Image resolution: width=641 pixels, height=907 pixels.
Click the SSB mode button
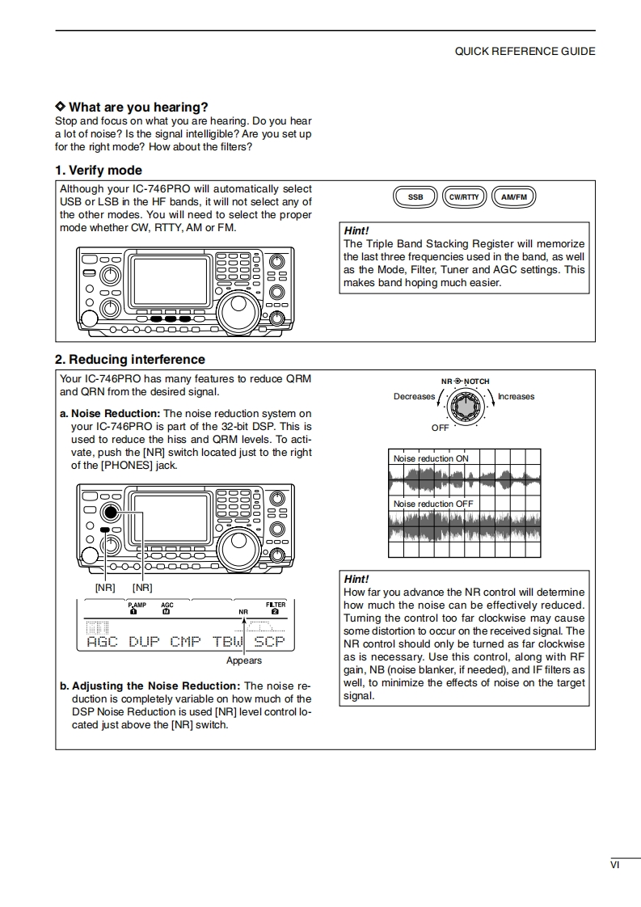point(415,196)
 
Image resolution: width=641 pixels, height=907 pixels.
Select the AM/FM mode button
point(512,196)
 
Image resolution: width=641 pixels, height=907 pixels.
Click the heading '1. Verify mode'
point(99,171)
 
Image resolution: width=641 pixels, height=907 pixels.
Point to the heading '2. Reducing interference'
point(130,360)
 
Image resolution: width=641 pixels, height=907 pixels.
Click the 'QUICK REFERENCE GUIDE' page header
point(525,51)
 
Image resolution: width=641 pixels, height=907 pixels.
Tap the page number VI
point(615,865)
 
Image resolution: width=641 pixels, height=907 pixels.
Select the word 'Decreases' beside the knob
point(414,396)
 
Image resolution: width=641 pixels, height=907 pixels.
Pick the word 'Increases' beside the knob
point(516,396)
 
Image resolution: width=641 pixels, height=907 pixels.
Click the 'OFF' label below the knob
point(440,427)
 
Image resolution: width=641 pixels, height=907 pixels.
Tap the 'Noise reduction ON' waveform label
point(430,458)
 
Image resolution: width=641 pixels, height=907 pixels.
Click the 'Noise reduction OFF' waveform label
point(432,504)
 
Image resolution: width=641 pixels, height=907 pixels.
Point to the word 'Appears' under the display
point(244,660)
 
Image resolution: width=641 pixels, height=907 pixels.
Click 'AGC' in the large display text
point(103,642)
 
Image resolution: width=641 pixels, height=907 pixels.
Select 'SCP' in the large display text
point(270,642)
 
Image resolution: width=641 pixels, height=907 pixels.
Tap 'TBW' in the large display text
point(228,642)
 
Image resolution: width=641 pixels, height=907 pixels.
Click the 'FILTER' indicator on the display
point(275,605)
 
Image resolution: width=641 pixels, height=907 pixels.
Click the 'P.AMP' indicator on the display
point(137,605)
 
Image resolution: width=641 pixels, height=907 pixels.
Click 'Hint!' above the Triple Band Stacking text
point(356,230)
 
